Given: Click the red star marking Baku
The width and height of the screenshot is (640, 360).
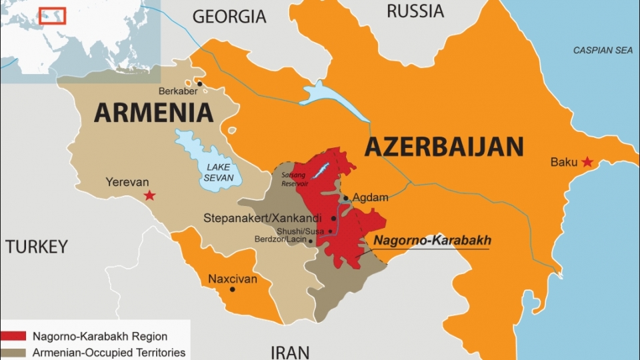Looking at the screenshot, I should point(587,162).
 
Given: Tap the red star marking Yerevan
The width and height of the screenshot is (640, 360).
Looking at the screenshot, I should point(150,195).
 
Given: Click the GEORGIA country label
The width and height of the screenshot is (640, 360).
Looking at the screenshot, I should point(229,17).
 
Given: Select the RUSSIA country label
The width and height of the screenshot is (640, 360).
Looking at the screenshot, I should point(415,11).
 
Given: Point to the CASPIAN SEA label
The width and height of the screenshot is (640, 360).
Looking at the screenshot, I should point(603,51).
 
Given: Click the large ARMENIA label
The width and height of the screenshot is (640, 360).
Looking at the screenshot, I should point(153,113).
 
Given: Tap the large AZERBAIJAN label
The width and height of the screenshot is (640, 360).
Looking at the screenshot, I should point(443,146).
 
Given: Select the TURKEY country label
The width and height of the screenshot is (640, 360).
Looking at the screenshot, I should point(37,247).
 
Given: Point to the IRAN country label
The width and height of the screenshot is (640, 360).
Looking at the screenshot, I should point(291,351).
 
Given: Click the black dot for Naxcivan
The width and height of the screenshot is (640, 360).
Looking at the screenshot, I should point(232,289).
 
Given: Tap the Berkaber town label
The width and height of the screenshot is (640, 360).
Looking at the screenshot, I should point(176,91).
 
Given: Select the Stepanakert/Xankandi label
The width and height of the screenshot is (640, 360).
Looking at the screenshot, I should point(263,218).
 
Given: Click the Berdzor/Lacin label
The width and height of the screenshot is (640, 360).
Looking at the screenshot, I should point(279,239).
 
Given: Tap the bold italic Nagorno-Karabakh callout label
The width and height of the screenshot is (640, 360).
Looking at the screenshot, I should point(431,241).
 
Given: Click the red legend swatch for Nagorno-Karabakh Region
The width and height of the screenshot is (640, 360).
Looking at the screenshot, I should point(13,336).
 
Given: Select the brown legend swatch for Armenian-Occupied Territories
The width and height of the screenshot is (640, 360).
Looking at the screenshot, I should point(13,352).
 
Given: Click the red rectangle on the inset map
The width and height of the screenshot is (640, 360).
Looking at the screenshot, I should point(52,15).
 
